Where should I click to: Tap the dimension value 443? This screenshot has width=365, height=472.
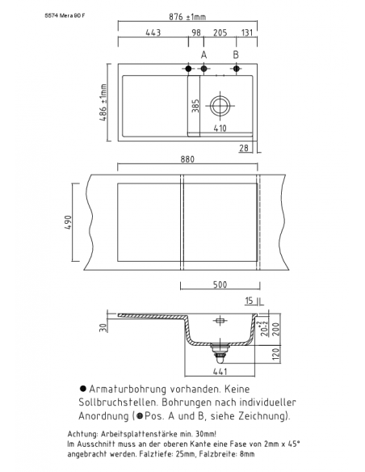[153, 33]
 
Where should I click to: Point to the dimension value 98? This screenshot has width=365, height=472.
[195, 33]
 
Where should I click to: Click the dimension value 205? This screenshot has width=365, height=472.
[220, 33]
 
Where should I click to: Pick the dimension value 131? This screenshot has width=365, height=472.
[246, 33]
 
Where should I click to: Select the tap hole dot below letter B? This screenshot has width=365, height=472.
[236, 68]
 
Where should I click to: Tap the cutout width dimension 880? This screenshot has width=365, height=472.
[187, 159]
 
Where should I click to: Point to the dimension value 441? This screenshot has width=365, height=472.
[219, 371]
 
